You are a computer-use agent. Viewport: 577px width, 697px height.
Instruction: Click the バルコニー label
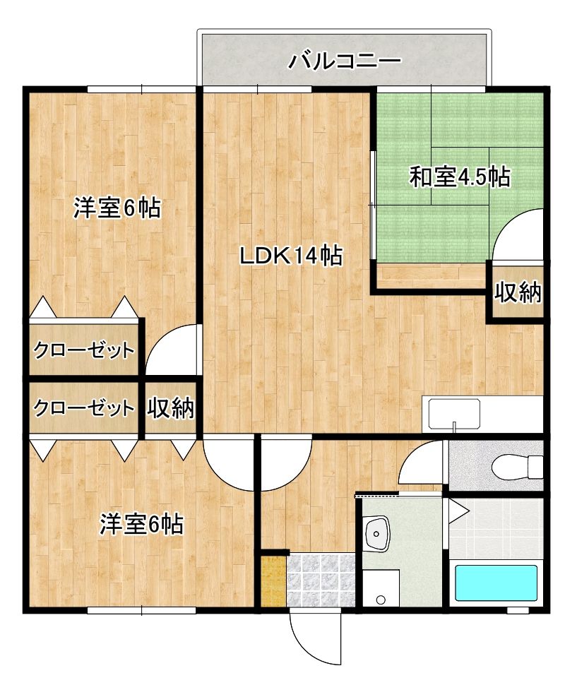[x=345, y=61]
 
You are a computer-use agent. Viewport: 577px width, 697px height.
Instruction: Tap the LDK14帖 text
[x=291, y=256]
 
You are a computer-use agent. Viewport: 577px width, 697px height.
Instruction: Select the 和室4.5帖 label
[x=460, y=177]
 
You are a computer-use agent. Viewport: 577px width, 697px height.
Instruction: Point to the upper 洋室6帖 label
[x=117, y=208]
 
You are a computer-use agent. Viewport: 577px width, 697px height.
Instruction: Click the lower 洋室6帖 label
[x=141, y=524]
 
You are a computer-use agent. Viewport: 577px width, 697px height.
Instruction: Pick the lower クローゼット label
[x=83, y=407]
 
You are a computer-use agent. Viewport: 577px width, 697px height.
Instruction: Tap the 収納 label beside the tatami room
[x=518, y=292]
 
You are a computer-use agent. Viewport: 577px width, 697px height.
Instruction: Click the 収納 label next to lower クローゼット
[x=171, y=407]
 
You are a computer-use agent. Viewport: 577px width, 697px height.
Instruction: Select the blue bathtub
[x=496, y=583]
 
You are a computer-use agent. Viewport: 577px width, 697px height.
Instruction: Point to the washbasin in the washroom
[x=377, y=533]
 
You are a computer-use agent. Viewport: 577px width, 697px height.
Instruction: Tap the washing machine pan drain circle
[x=381, y=600]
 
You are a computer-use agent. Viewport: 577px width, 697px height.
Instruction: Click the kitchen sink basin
[x=454, y=413]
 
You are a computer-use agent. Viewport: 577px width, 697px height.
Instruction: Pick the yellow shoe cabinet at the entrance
[x=272, y=580]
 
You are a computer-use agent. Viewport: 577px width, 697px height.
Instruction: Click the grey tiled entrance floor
[x=321, y=580]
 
